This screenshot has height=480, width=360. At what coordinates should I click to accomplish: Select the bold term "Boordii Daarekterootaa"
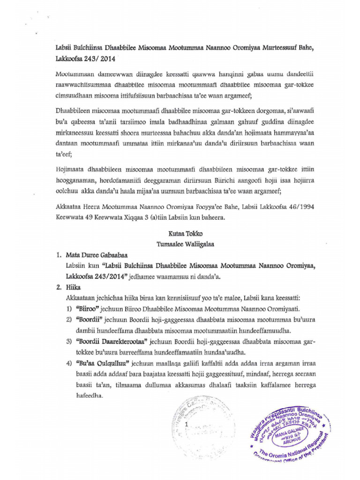(112, 341)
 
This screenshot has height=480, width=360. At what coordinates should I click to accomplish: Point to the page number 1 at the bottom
(187, 424)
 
